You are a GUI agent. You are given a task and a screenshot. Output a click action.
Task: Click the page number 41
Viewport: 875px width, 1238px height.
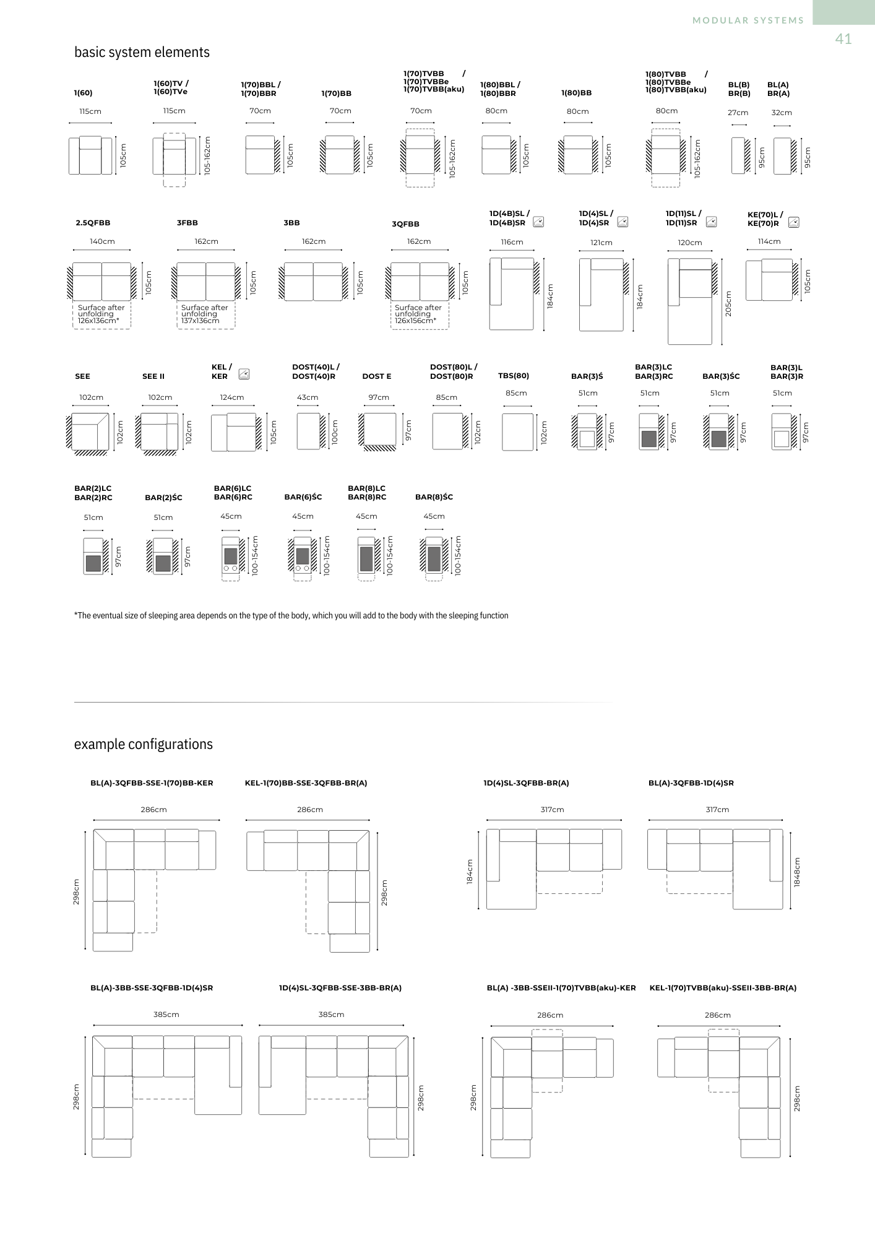(x=843, y=39)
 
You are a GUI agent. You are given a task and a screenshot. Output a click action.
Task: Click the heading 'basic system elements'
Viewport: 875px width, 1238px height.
(x=142, y=52)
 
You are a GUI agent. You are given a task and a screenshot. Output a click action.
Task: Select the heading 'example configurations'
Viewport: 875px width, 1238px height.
(x=143, y=744)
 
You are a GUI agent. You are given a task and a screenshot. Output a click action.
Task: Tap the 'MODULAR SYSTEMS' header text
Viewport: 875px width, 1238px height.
(x=748, y=20)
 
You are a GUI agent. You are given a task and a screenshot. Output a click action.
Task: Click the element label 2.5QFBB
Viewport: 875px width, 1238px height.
(x=93, y=223)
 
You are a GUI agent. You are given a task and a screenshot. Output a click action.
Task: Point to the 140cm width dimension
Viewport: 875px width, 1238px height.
(x=102, y=241)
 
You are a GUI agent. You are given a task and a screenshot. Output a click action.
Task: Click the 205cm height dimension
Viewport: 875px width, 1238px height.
(x=728, y=304)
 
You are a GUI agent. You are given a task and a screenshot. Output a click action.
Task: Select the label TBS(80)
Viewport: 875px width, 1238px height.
(x=514, y=376)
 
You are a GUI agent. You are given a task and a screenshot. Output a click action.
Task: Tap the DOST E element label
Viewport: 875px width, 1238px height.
(x=376, y=376)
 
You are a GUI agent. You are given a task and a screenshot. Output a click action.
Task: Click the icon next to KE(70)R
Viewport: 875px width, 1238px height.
(x=793, y=223)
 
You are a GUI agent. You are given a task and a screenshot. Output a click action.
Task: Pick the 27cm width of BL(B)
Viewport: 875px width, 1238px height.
(x=738, y=113)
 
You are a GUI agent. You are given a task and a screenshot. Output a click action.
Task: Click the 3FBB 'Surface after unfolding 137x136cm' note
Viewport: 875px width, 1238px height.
(x=204, y=314)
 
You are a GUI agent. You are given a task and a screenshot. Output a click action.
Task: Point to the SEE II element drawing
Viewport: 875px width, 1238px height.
(x=160, y=431)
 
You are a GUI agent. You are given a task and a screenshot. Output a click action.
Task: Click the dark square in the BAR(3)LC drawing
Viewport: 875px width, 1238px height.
(x=649, y=439)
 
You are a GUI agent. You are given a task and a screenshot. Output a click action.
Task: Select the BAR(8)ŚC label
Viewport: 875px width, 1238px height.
(x=434, y=497)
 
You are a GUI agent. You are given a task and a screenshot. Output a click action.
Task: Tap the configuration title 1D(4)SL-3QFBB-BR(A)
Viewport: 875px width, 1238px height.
(x=526, y=783)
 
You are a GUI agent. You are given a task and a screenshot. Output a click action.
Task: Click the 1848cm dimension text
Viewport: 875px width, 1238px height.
(x=797, y=872)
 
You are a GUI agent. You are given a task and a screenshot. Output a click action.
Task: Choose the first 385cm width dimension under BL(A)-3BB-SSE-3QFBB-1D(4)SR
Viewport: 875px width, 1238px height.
(x=166, y=1015)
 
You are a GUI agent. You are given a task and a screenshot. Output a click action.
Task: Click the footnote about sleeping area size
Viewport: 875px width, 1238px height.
(x=291, y=615)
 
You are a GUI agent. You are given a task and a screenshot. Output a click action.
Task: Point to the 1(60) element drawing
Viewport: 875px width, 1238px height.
(x=90, y=155)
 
